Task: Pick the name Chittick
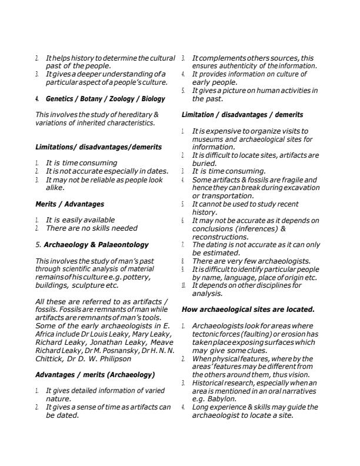[x=50, y=358]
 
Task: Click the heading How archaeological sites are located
[x=248, y=309]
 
